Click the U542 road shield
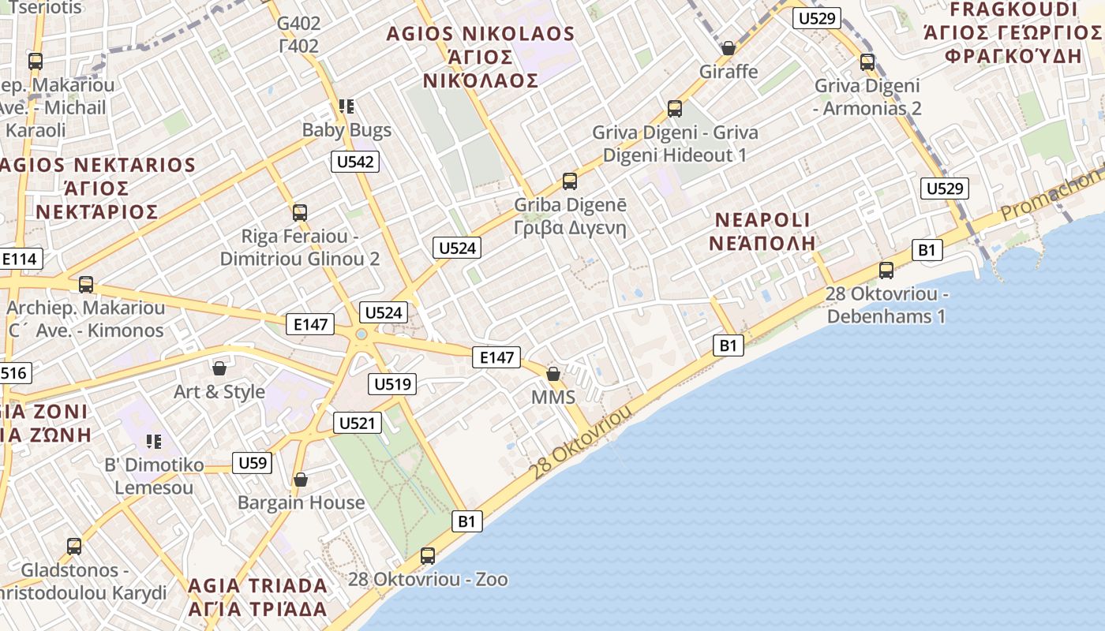point(355,162)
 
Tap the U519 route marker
point(392,384)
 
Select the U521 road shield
point(358,423)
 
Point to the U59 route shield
point(253,462)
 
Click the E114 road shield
point(19,259)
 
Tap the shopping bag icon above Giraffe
point(729,48)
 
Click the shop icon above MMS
point(553,373)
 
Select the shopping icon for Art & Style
point(219,368)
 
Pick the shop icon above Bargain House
point(300,479)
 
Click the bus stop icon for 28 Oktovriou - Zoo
point(428,555)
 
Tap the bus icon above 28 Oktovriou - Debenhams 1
point(886,271)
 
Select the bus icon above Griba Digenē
point(570,181)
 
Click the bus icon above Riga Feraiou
point(299,212)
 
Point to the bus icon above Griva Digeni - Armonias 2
point(867,62)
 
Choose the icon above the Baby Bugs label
point(346,106)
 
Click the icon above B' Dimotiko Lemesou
point(154,441)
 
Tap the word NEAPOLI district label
point(762,219)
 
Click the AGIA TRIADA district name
point(257,585)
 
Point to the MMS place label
point(553,397)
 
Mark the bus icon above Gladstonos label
point(74,546)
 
